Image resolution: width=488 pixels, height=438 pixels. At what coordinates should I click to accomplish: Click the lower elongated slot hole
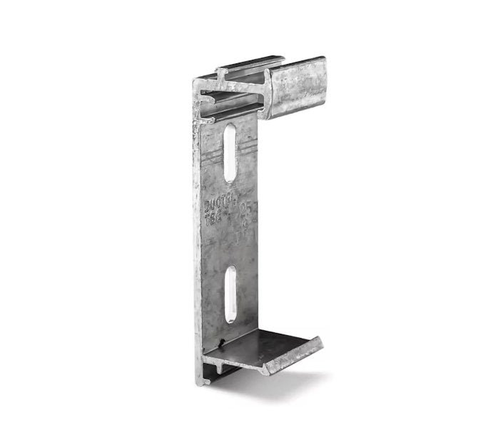pyautogui.click(x=231, y=292)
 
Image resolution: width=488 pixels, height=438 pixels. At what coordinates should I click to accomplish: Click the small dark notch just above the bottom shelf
pyautogui.click(x=223, y=330)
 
